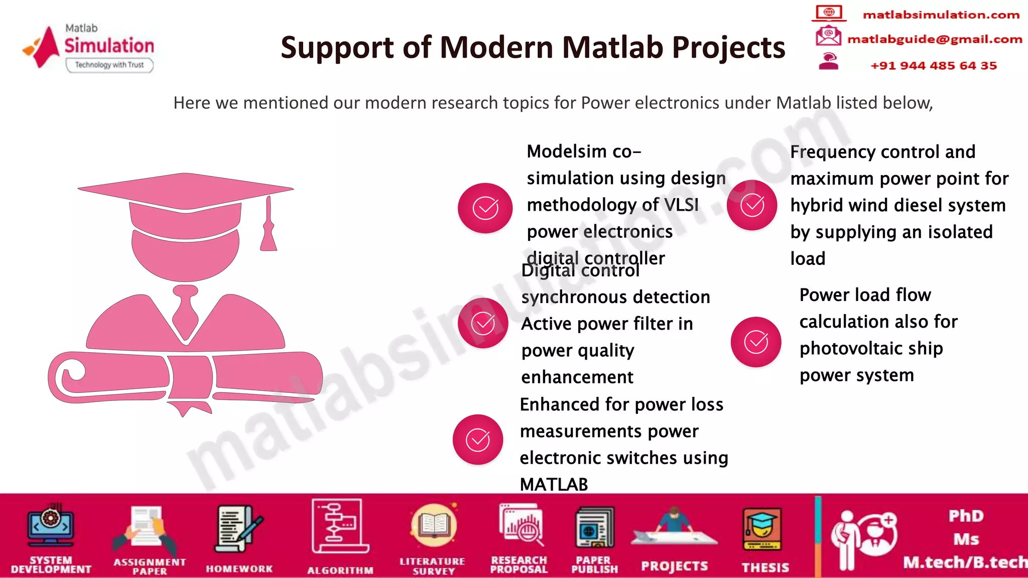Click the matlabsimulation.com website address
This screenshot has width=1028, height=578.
coord(941,15)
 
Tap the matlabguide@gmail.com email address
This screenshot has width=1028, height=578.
coord(934,39)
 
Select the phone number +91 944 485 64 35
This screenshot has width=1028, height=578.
coord(933,66)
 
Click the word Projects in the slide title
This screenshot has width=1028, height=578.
coord(728,48)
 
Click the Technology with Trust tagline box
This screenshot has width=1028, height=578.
coord(109,65)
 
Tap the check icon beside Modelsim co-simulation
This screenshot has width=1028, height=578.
coord(485,208)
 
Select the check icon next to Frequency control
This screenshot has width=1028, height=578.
coord(752,205)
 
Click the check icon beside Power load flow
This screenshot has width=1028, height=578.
coord(756,342)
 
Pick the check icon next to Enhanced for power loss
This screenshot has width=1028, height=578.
coord(478,440)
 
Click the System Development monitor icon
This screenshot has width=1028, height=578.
coord(51,527)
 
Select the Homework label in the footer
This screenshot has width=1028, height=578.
coord(239,569)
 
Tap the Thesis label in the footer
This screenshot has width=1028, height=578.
coord(765,567)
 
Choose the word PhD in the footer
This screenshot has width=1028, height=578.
coord(966,516)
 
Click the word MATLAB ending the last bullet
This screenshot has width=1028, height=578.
coord(554,485)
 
